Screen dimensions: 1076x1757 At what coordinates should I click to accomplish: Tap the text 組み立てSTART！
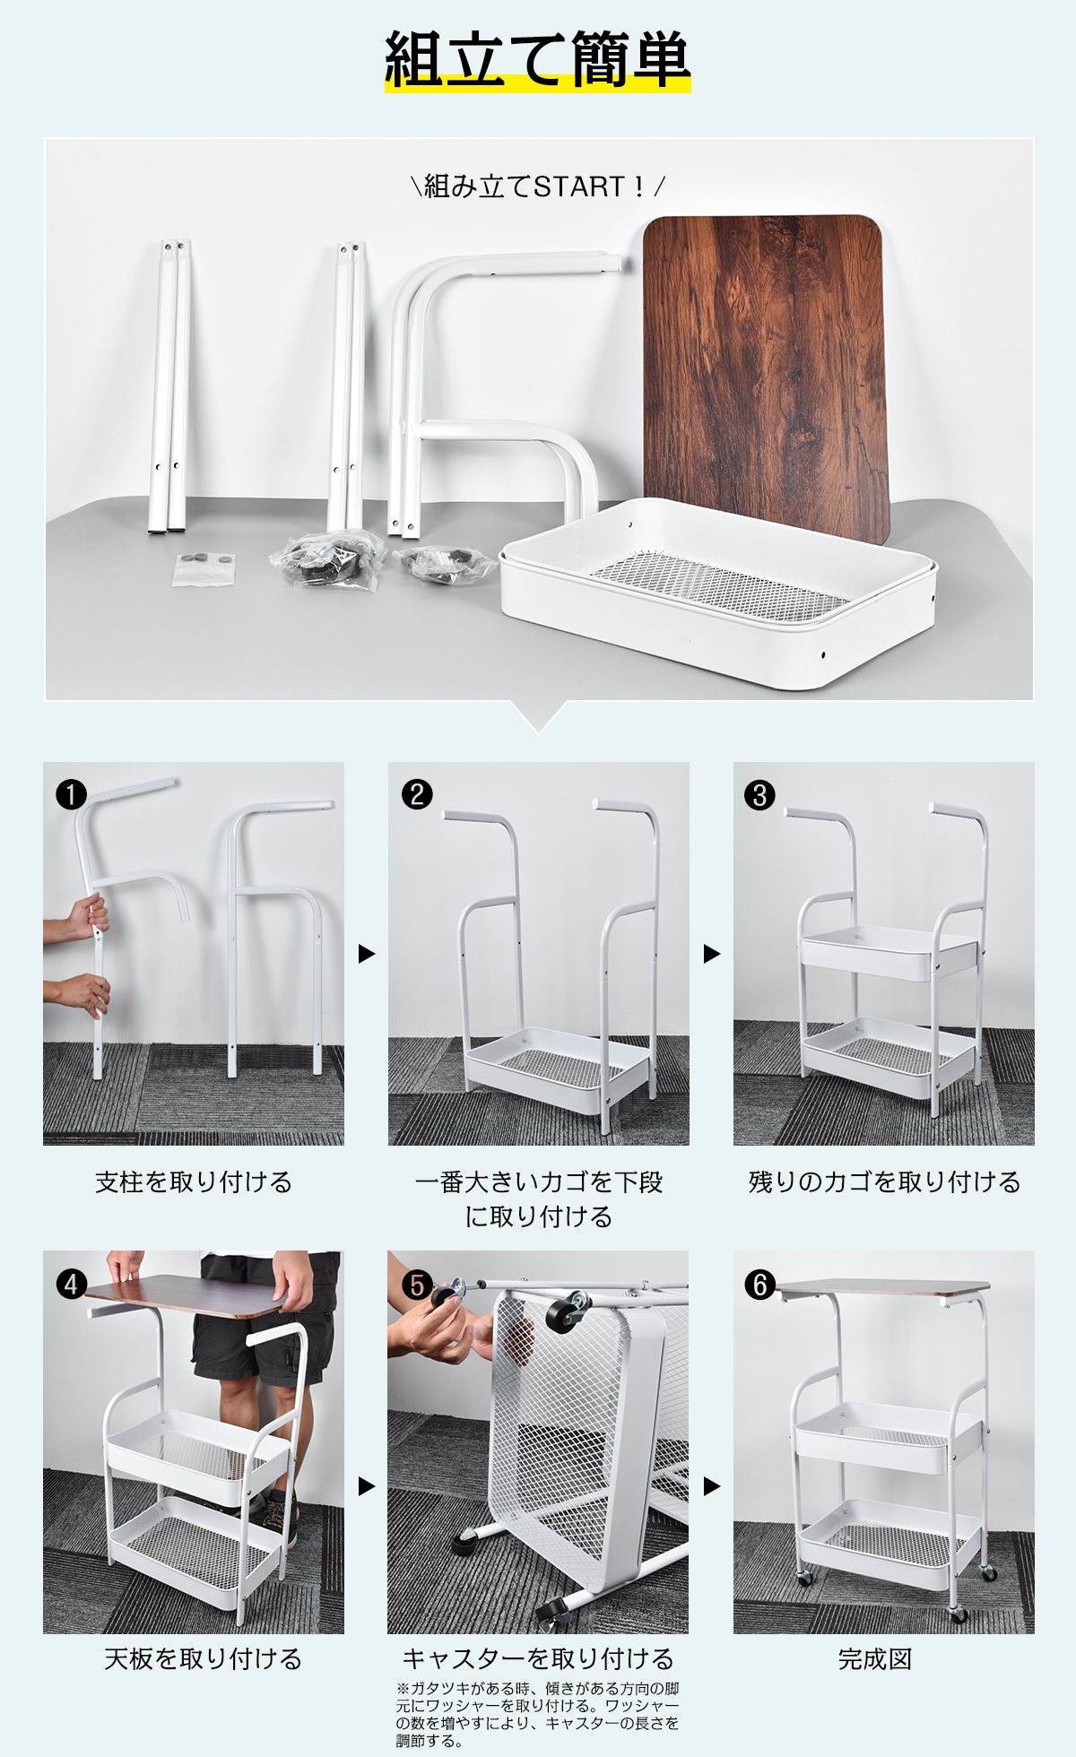pyautogui.click(x=537, y=186)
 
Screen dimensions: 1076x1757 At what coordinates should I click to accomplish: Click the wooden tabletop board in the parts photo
pyautogui.click(x=767, y=376)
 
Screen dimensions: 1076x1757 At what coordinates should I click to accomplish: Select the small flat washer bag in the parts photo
pyautogui.click(x=204, y=568)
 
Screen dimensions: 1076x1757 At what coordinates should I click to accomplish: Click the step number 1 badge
pyautogui.click(x=71, y=794)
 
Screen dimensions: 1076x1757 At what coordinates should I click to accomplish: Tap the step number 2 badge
pyautogui.click(x=417, y=794)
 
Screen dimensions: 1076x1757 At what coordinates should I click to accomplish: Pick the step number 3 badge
pyautogui.click(x=760, y=795)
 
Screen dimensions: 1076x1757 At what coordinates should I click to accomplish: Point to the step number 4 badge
pyautogui.click(x=72, y=1284)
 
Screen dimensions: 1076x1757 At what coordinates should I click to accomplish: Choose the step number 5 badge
pyautogui.click(x=417, y=1285)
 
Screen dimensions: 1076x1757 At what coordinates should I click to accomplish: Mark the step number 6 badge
pyautogui.click(x=760, y=1285)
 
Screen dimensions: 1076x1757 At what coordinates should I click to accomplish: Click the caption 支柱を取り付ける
pyautogui.click(x=194, y=1182)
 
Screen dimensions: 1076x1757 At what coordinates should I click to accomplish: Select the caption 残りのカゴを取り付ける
pyautogui.click(x=884, y=1182)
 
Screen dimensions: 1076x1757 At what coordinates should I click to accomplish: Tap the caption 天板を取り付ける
pyautogui.click(x=203, y=1659)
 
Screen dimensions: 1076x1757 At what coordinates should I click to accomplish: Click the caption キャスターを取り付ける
pyautogui.click(x=538, y=1659)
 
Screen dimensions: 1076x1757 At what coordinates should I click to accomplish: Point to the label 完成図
pyautogui.click(x=874, y=1659)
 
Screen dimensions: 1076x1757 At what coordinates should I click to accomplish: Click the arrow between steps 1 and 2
pyautogui.click(x=366, y=953)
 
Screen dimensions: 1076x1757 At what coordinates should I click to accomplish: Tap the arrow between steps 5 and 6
pyautogui.click(x=712, y=1486)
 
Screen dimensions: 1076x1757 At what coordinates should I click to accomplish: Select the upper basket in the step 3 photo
pyautogui.click(x=888, y=952)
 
